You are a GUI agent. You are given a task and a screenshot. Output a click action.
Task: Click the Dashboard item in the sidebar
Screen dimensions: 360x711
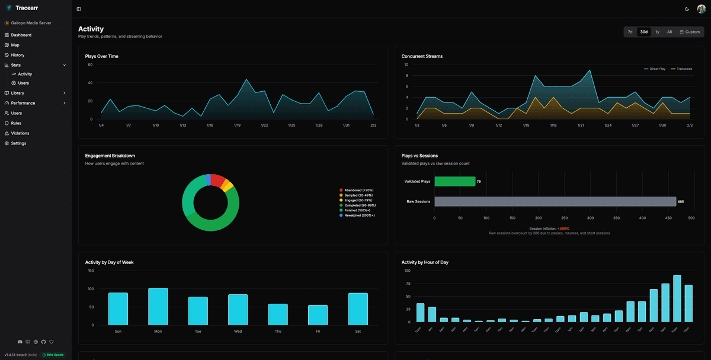pyautogui.click(x=21, y=35)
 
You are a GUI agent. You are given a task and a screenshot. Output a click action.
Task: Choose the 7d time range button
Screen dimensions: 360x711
pyautogui.click(x=630, y=32)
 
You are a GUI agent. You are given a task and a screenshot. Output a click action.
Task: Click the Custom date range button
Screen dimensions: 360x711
pyautogui.click(x=690, y=32)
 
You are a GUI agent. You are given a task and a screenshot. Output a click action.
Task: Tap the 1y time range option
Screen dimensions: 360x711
pyautogui.click(x=657, y=32)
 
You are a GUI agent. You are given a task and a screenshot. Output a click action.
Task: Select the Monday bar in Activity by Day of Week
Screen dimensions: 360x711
pyautogui.click(x=158, y=306)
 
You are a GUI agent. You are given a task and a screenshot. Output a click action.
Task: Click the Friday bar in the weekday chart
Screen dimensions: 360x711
pyautogui.click(x=318, y=314)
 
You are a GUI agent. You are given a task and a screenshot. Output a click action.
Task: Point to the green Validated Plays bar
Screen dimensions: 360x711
pyautogui.click(x=454, y=181)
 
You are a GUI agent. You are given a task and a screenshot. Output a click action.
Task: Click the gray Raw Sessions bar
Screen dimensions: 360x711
pyautogui.click(x=555, y=201)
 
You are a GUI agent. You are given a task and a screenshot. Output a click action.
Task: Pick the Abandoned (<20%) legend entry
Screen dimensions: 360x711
pyautogui.click(x=358, y=190)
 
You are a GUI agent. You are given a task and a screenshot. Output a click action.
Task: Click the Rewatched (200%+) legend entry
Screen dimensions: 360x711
pyautogui.click(x=358, y=215)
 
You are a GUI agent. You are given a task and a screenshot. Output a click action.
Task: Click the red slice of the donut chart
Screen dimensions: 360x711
pyautogui.click(x=217, y=180)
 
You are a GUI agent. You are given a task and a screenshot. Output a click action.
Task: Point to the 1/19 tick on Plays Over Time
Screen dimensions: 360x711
pyautogui.click(x=237, y=125)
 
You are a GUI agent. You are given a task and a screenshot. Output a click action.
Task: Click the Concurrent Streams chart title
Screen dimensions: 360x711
pyautogui.click(x=422, y=56)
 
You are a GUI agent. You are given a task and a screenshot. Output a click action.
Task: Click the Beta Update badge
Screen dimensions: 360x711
pyautogui.click(x=53, y=355)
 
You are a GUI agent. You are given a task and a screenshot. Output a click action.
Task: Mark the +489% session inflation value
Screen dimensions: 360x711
pyautogui.click(x=563, y=229)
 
